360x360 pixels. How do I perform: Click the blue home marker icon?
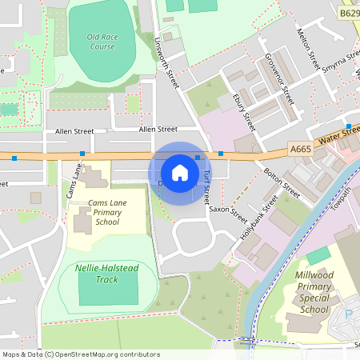tap(180, 172)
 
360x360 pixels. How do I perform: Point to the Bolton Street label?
tap(282, 183)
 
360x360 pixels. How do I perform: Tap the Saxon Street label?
tap(229, 210)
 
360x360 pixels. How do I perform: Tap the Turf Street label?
tap(207, 186)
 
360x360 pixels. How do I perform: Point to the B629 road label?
tap(349, 14)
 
